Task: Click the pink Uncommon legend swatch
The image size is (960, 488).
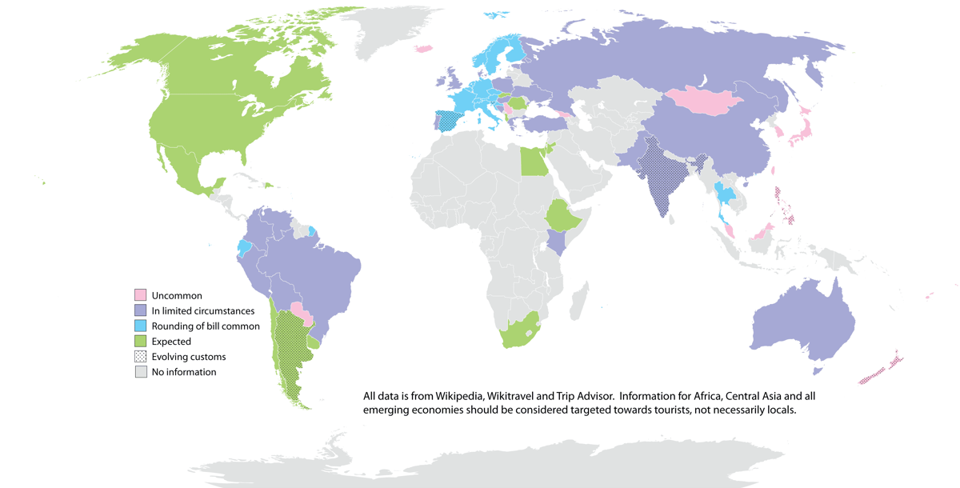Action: point(141,295)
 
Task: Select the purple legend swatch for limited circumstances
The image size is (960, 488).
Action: point(141,310)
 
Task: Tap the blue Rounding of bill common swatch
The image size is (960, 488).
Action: point(141,326)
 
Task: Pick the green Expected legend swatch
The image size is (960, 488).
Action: point(141,341)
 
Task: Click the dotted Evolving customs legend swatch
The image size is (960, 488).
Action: point(141,356)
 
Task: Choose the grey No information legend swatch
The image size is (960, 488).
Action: point(141,371)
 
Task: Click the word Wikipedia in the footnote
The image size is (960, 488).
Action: point(458,396)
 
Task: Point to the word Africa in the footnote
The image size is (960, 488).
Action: point(728,396)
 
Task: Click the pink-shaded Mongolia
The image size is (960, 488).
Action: point(701,101)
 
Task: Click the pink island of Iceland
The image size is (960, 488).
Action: point(423,49)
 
